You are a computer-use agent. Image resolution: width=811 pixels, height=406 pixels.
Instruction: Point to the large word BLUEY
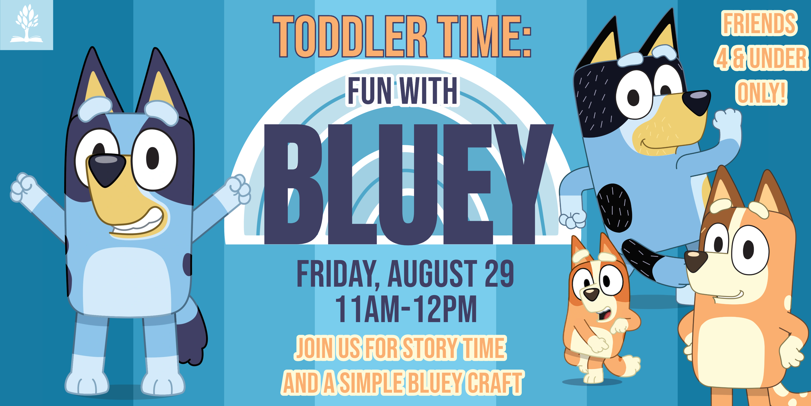[x=408, y=184]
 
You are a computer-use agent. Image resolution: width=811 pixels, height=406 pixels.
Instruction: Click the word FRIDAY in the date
[x=336, y=274]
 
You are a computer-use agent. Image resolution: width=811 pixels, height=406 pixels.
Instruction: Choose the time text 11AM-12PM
[x=406, y=309]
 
